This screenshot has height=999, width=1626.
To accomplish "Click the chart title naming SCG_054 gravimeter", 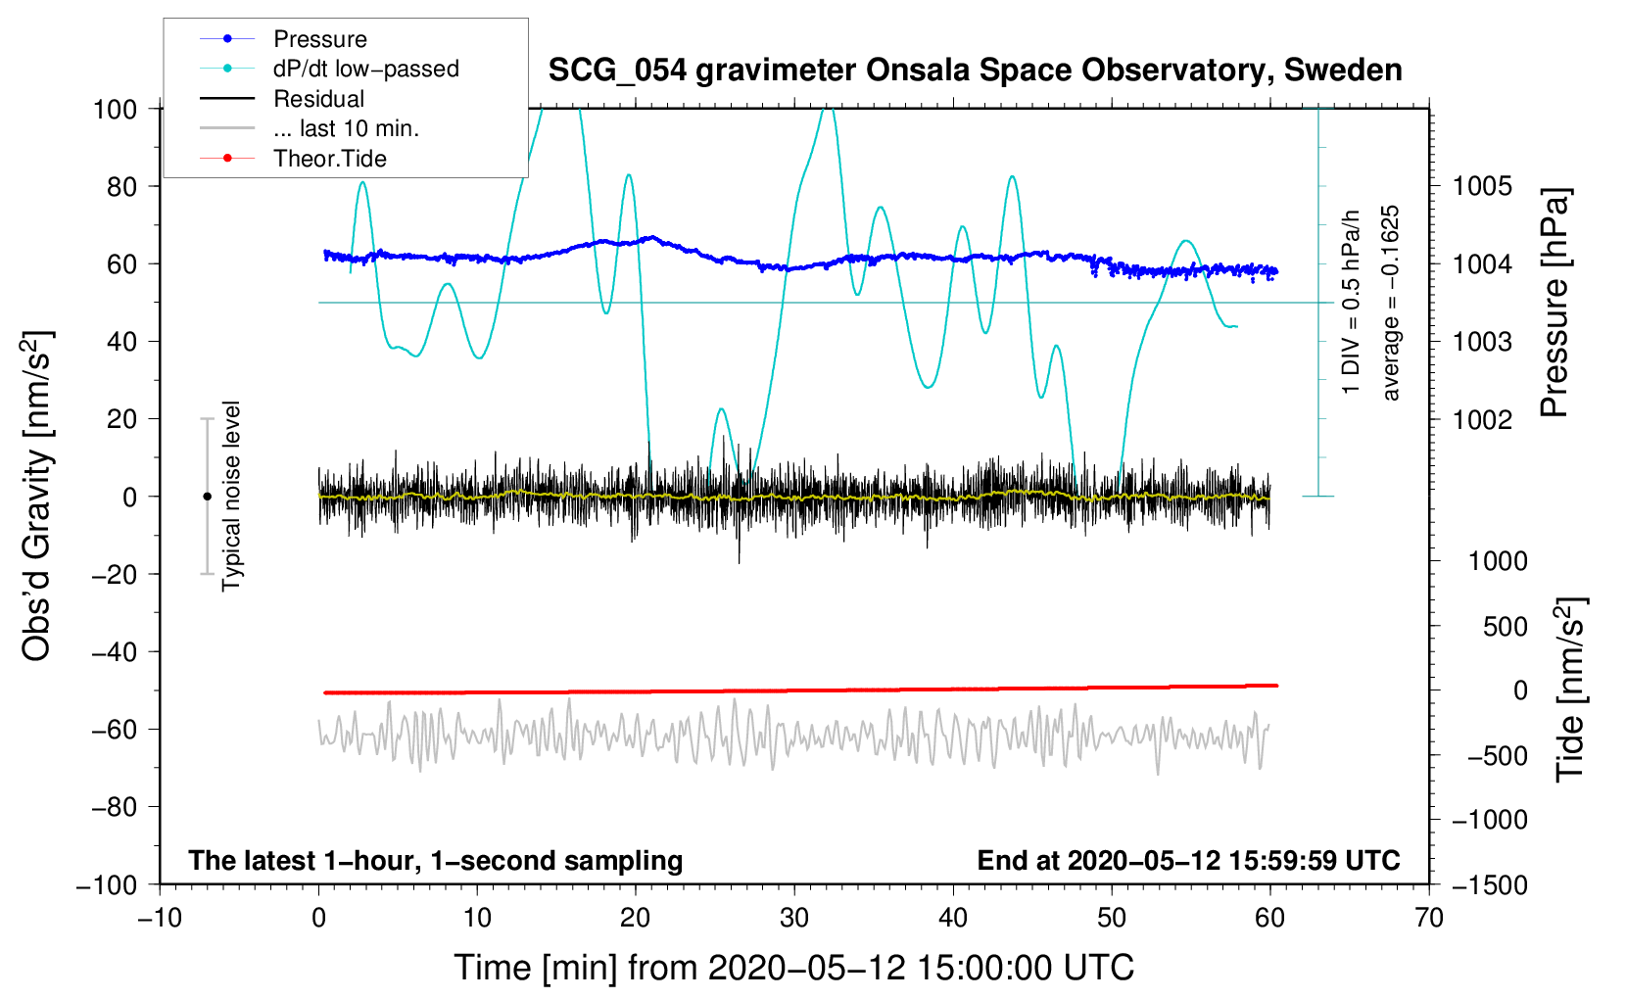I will click(x=975, y=71).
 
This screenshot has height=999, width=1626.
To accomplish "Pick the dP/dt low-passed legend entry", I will click(x=365, y=69).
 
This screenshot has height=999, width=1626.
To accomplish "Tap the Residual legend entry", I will click(x=318, y=99).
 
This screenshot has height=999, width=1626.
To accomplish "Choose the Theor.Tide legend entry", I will click(x=329, y=159).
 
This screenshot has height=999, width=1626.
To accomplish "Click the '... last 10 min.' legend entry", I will click(x=346, y=128).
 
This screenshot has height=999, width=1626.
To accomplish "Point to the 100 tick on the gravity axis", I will click(x=115, y=109).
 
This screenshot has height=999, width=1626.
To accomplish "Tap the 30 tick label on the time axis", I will click(x=794, y=919).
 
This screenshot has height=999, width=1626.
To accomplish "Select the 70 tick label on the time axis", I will click(x=1429, y=919).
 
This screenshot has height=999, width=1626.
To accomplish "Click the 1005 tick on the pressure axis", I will click(x=1482, y=186).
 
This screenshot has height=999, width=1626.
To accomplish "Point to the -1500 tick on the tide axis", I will click(x=1489, y=885).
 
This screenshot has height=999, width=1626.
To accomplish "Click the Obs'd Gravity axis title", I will click(x=36, y=497).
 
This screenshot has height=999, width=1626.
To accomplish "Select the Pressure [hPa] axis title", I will click(x=1554, y=304).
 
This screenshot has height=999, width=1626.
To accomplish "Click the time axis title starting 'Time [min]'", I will click(x=794, y=968).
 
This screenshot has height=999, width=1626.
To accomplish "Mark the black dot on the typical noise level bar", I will click(x=207, y=497).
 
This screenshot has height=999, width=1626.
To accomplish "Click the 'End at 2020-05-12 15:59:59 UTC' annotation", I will click(x=1188, y=861).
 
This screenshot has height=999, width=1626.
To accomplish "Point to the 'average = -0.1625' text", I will click(x=1390, y=304).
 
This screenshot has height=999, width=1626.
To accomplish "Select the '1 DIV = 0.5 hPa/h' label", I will click(x=1351, y=302).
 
